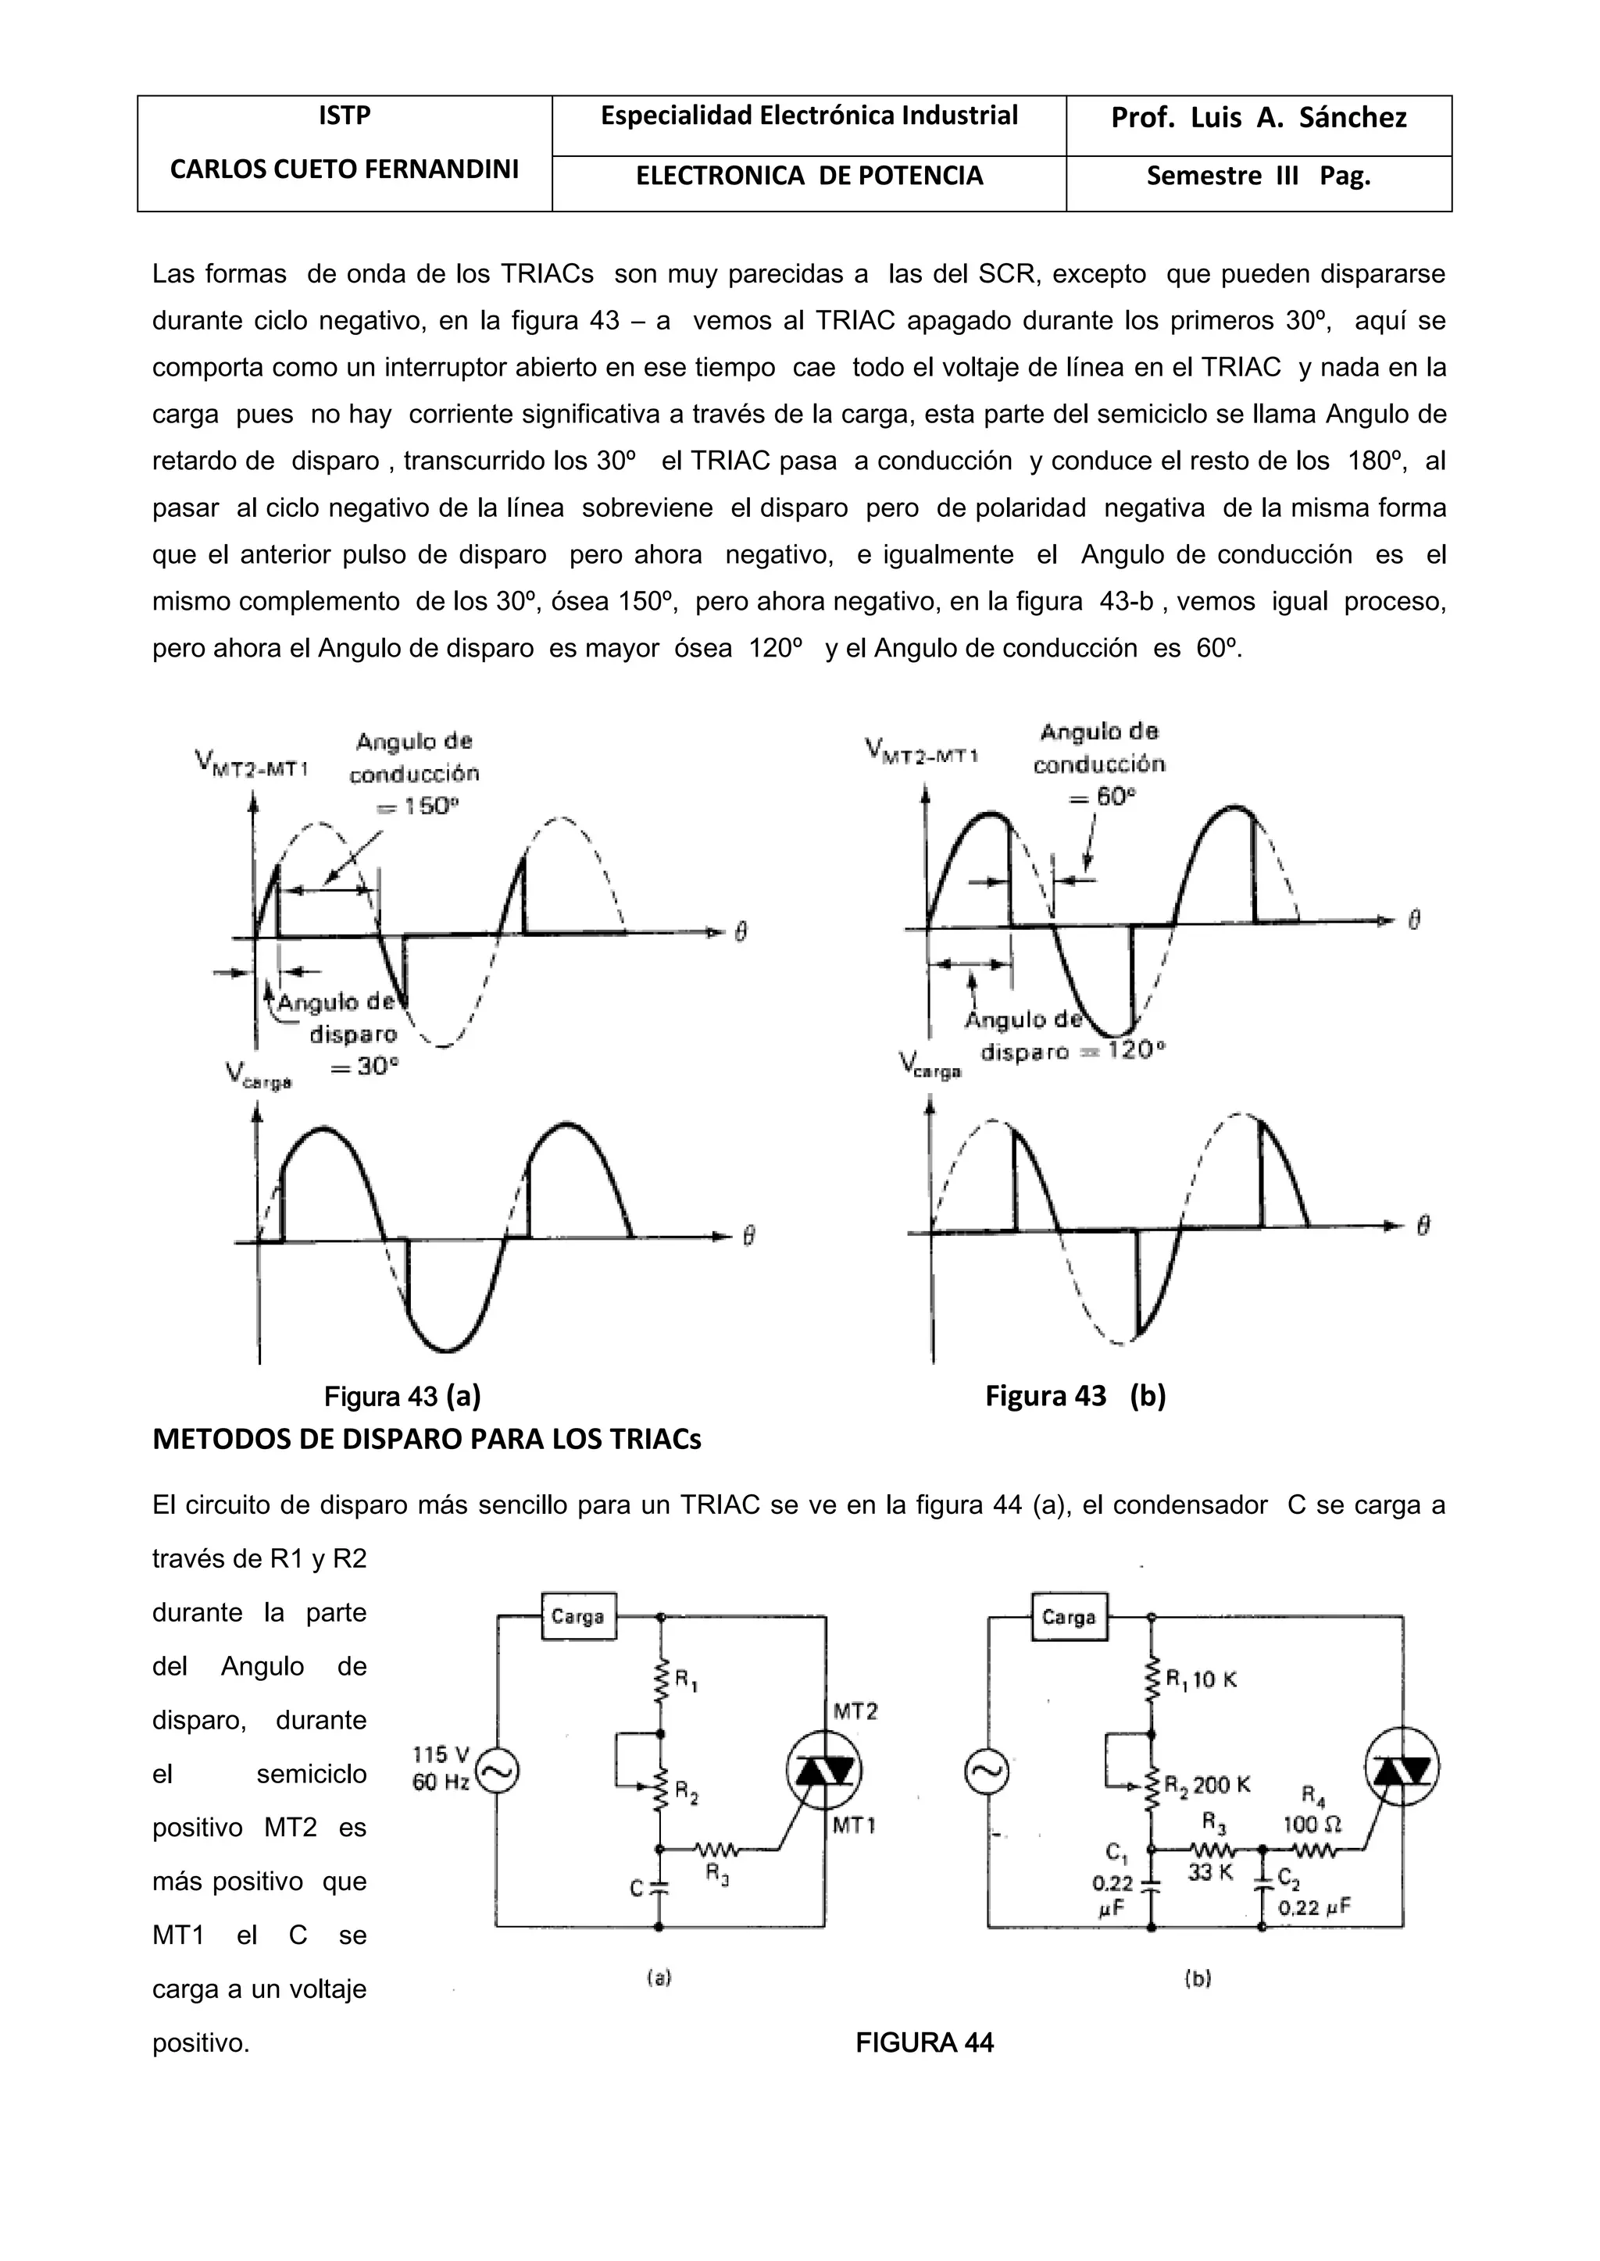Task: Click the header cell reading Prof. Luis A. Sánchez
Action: (1258, 118)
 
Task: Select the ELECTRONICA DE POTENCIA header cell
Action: (809, 176)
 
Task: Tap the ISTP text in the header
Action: (344, 116)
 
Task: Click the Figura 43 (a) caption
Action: (402, 1397)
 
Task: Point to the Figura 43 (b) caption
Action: (1075, 1397)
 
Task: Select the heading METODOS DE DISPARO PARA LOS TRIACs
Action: (427, 1440)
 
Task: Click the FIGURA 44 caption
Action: (924, 2043)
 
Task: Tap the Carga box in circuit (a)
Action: (578, 1616)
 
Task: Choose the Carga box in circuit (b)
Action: (1069, 1617)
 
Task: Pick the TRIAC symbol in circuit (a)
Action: (823, 1771)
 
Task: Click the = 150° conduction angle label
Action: (418, 806)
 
